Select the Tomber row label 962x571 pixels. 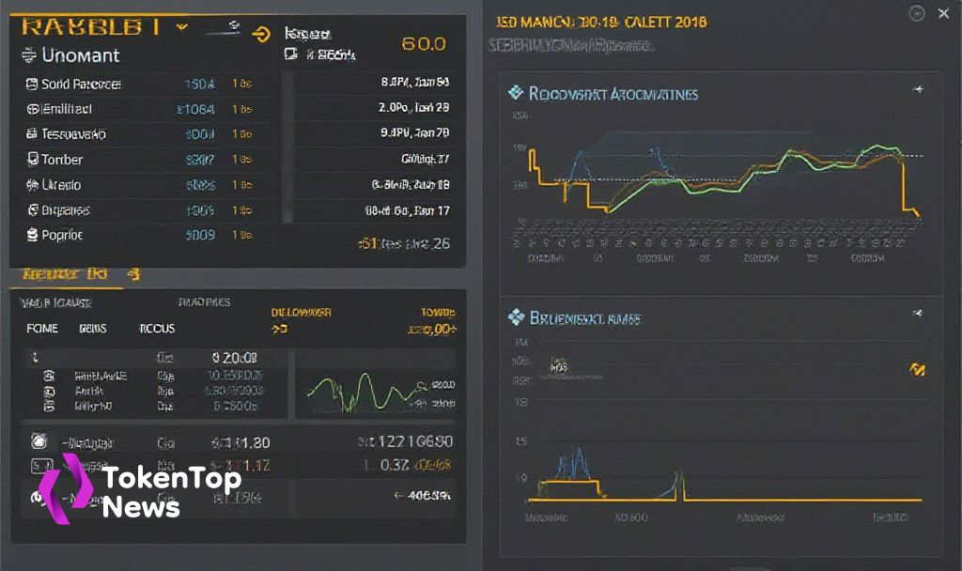62,160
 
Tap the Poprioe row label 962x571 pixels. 62,235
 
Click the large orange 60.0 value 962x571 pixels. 424,43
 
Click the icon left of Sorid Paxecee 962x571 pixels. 32,85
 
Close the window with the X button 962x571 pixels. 942,13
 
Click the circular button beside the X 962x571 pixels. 918,13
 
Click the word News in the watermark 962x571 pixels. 141,508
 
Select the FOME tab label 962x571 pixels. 42,329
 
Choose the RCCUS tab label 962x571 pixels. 157,329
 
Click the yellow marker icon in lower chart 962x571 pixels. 918,370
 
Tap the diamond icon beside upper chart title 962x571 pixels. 515,93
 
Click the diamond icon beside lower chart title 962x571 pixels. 515,317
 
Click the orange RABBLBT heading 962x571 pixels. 90,26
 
